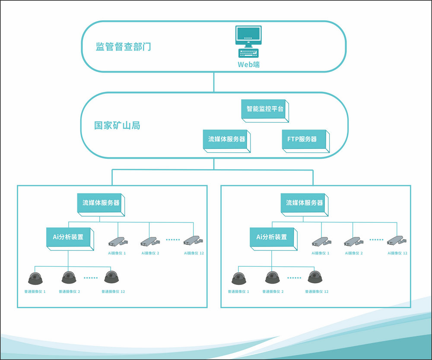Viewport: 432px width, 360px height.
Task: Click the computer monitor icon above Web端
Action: (248, 35)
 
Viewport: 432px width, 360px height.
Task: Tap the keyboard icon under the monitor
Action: (248, 54)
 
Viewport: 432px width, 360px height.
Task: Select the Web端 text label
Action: (248, 65)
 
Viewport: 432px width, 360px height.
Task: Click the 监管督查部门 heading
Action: (124, 47)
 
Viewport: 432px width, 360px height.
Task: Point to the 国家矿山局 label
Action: (117, 126)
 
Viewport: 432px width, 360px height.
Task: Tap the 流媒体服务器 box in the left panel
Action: (101, 203)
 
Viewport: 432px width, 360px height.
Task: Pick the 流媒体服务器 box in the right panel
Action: (304, 203)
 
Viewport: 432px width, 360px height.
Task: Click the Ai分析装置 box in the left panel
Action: (69, 237)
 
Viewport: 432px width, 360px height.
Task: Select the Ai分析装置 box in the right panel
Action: (272, 237)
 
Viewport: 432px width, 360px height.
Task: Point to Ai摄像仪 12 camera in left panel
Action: (192, 240)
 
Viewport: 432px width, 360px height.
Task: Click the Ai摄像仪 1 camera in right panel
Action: (321, 240)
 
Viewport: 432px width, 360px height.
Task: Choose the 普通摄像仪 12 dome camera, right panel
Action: (316, 277)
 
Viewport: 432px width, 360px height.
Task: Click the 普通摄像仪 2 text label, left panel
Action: (70, 292)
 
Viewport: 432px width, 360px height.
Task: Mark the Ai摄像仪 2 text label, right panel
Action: (353, 253)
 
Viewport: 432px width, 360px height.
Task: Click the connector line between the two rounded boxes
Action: (214, 82)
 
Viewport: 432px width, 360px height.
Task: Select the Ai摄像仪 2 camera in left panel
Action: (149, 240)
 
